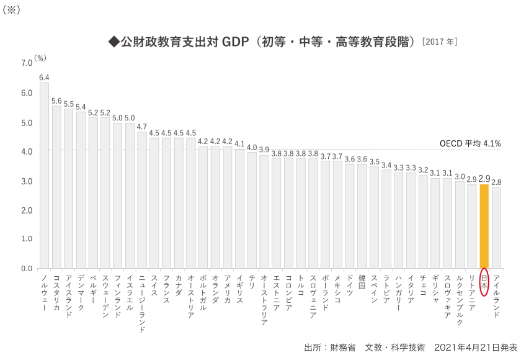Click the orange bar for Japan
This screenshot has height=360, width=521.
[484, 227]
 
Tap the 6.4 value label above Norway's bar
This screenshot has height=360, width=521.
[44, 78]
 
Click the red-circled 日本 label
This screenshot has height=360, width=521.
[484, 283]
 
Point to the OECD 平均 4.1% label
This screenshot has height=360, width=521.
[470, 143]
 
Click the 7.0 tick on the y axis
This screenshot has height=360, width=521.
[26, 63]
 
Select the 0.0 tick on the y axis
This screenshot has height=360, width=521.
[26, 269]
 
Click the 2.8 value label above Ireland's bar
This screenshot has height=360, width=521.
[496, 182]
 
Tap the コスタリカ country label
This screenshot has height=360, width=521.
[56, 292]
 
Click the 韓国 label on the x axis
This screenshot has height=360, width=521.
[362, 282]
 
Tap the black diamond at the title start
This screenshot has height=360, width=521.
[114, 42]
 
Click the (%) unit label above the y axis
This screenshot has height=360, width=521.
[40, 58]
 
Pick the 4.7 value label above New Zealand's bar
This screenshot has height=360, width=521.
[142, 127]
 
